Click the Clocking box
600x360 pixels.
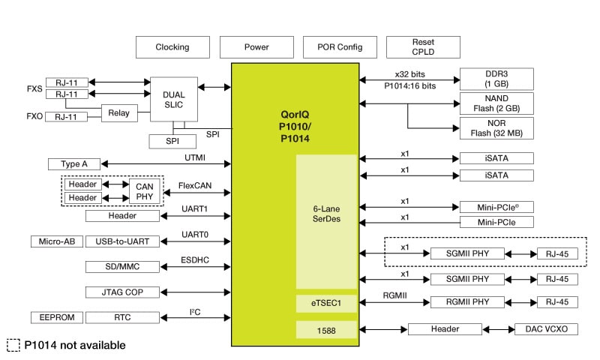(172, 47)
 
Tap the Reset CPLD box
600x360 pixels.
(423, 47)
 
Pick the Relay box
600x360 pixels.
(118, 114)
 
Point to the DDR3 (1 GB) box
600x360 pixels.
(496, 79)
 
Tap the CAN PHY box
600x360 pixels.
(144, 190)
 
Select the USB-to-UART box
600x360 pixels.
(122, 241)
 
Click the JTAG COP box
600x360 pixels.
(122, 292)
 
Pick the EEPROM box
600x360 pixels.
(55, 317)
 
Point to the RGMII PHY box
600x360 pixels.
(466, 301)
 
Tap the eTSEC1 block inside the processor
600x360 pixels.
(326, 302)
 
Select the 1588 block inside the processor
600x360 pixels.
(326, 329)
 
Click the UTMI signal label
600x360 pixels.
(195, 158)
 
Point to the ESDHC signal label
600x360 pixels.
(195, 261)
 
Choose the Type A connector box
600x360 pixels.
(73, 163)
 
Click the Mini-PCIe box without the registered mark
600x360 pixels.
(496, 222)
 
